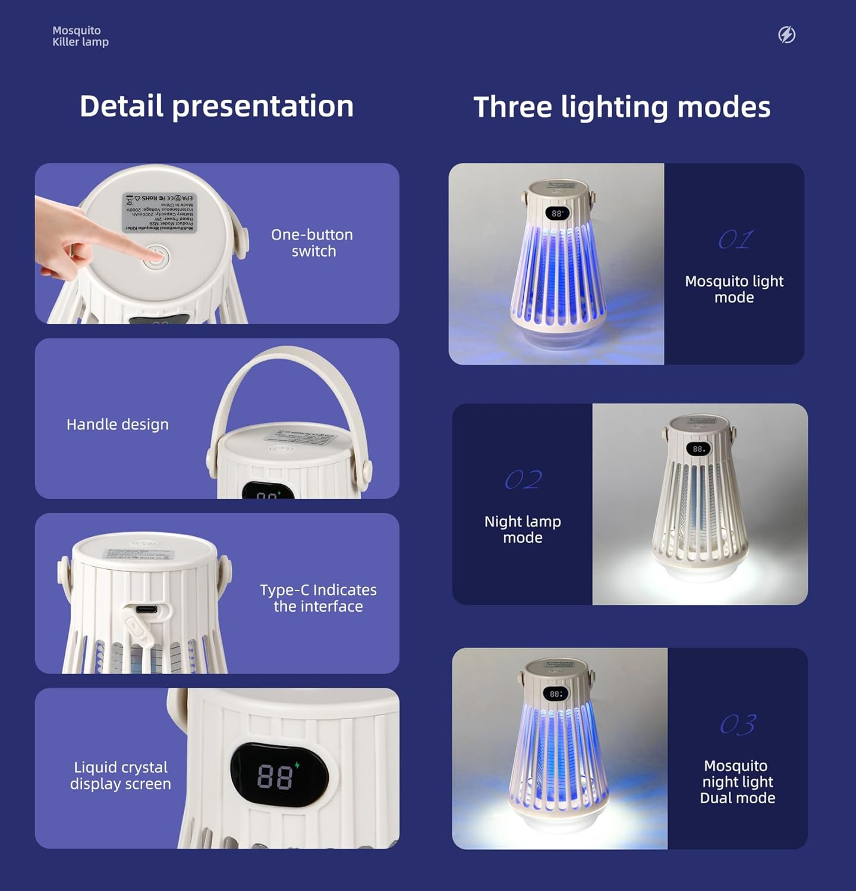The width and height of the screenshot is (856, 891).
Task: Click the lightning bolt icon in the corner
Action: tap(786, 35)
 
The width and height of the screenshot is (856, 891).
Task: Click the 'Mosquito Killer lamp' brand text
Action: tap(80, 36)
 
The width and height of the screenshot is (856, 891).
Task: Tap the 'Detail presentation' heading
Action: tap(216, 106)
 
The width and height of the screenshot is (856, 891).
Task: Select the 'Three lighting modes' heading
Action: tap(622, 108)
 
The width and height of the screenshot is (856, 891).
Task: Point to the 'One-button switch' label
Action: tap(312, 243)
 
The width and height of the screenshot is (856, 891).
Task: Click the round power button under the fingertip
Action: tap(156, 258)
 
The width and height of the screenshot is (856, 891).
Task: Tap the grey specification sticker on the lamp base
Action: tap(159, 212)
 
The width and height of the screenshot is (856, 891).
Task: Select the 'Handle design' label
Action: tap(118, 425)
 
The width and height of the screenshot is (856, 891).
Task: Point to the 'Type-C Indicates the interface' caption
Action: tap(318, 598)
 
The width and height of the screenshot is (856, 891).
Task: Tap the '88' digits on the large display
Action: tap(275, 776)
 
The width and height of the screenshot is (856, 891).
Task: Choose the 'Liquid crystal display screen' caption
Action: tap(121, 776)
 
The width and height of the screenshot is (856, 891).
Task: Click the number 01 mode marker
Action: tap(735, 240)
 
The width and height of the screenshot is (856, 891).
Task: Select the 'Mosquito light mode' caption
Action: tap(734, 289)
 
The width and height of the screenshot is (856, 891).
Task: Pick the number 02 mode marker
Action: tap(523, 480)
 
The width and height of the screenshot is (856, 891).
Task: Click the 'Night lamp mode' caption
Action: tap(523, 529)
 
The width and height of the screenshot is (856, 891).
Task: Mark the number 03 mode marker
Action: tap(738, 725)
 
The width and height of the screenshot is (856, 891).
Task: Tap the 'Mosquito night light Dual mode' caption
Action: tap(737, 782)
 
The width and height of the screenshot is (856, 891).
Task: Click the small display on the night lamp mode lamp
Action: tap(698, 449)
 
